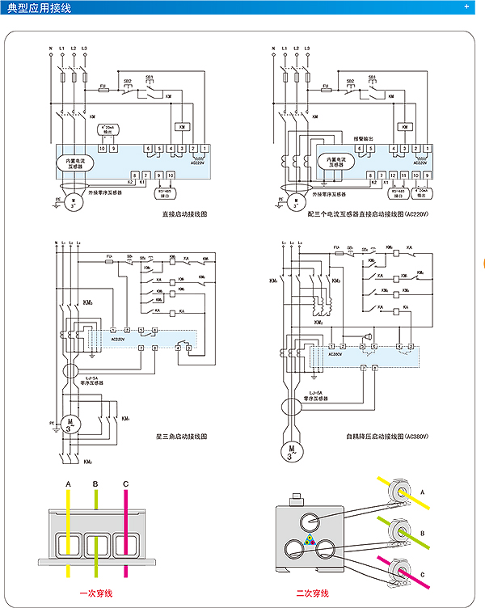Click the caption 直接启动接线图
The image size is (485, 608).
(185, 215)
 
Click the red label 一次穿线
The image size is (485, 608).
(95, 593)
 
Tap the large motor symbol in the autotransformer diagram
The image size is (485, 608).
(290, 450)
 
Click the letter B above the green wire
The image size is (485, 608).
(96, 483)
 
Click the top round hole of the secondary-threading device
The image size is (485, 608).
(309, 518)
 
